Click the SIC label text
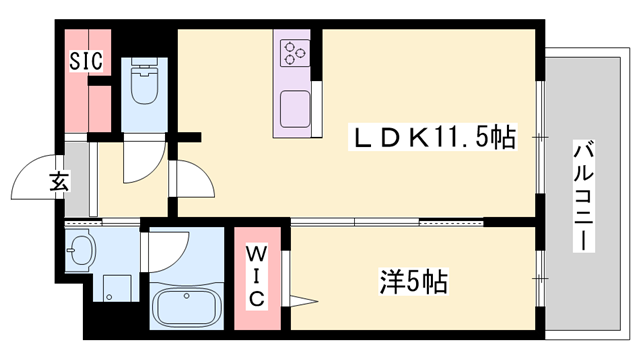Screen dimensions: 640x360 [85, 60]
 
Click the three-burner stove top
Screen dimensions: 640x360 [296, 52]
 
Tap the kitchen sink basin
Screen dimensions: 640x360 [296, 107]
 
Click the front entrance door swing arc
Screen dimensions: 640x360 [38, 178]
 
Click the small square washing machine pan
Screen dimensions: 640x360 [119, 288]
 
